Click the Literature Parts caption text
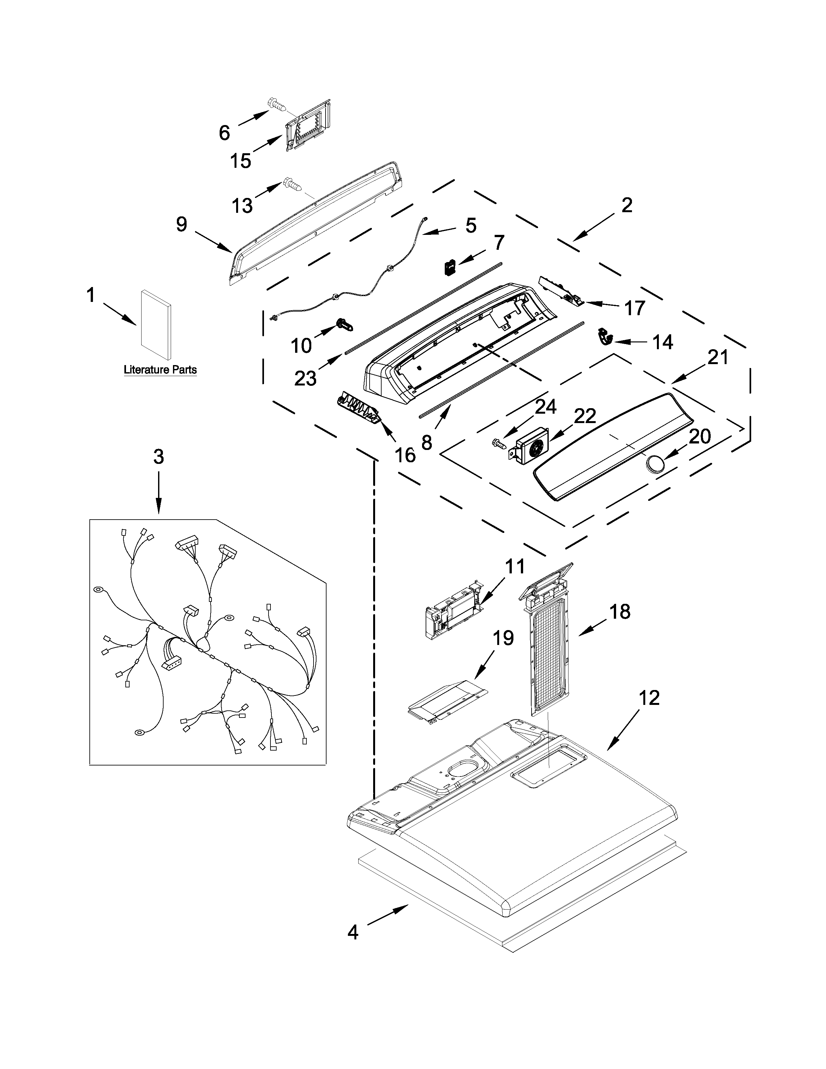click(160, 370)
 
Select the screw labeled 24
click(499, 443)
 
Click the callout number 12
click(649, 698)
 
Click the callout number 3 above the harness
click(158, 457)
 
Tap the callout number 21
click(718, 358)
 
